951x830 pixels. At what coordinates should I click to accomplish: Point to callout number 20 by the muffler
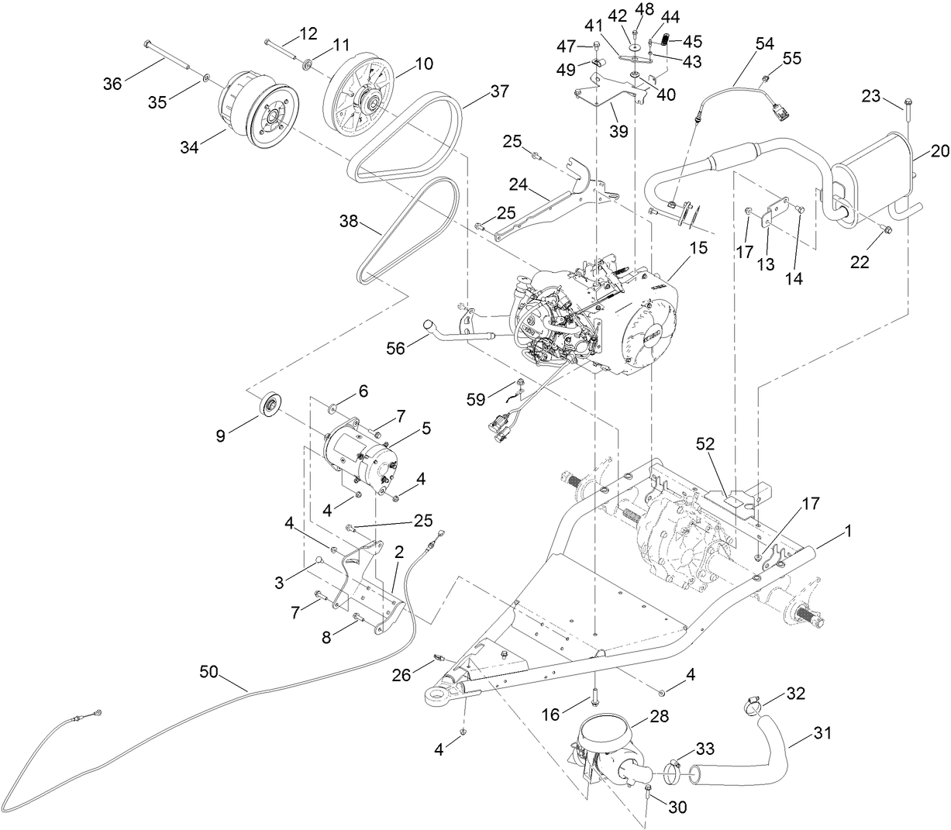click(939, 152)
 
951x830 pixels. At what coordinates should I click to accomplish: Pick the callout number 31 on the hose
click(823, 732)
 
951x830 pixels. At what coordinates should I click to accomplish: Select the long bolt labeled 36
click(167, 57)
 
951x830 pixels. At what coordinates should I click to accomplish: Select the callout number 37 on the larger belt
click(498, 92)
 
